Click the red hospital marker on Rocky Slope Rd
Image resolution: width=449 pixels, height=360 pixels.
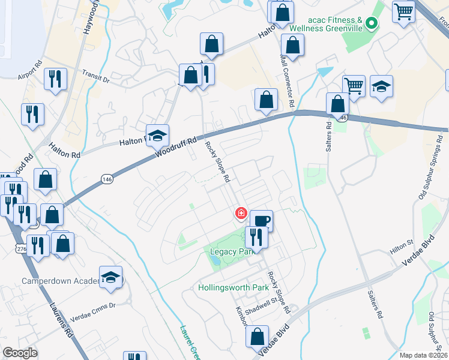241,213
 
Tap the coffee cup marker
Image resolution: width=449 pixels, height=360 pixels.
261,220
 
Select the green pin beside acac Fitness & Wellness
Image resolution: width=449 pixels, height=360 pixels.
372,25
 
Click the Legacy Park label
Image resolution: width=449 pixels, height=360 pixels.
229,252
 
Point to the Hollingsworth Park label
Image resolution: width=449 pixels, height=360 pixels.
234,287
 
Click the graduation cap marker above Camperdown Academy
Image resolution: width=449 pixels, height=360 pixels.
111,277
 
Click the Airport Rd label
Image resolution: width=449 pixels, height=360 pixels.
30,70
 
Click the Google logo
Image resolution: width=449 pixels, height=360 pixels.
20,353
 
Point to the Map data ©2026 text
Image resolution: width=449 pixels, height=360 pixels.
423,355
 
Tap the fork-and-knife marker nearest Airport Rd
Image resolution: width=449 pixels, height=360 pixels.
55,79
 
